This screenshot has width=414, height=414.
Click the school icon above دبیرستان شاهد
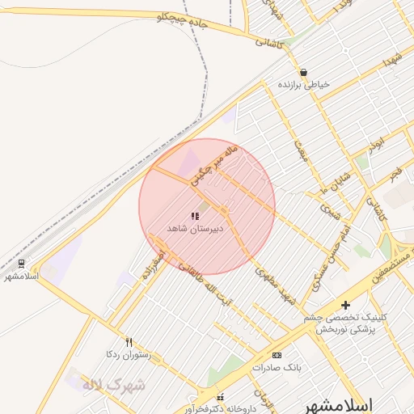coord(194,217)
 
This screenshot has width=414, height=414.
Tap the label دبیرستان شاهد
coord(194,229)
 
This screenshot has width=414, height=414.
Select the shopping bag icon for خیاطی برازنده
coord(302,72)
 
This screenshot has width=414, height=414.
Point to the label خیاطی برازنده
coord(302,84)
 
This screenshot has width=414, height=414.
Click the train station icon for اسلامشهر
coord(21,264)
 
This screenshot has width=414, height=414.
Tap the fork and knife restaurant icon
coord(129,343)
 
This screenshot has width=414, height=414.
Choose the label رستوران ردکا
coord(129,354)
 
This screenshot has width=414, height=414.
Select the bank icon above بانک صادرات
coord(277,355)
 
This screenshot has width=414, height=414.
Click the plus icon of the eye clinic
coord(345,305)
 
